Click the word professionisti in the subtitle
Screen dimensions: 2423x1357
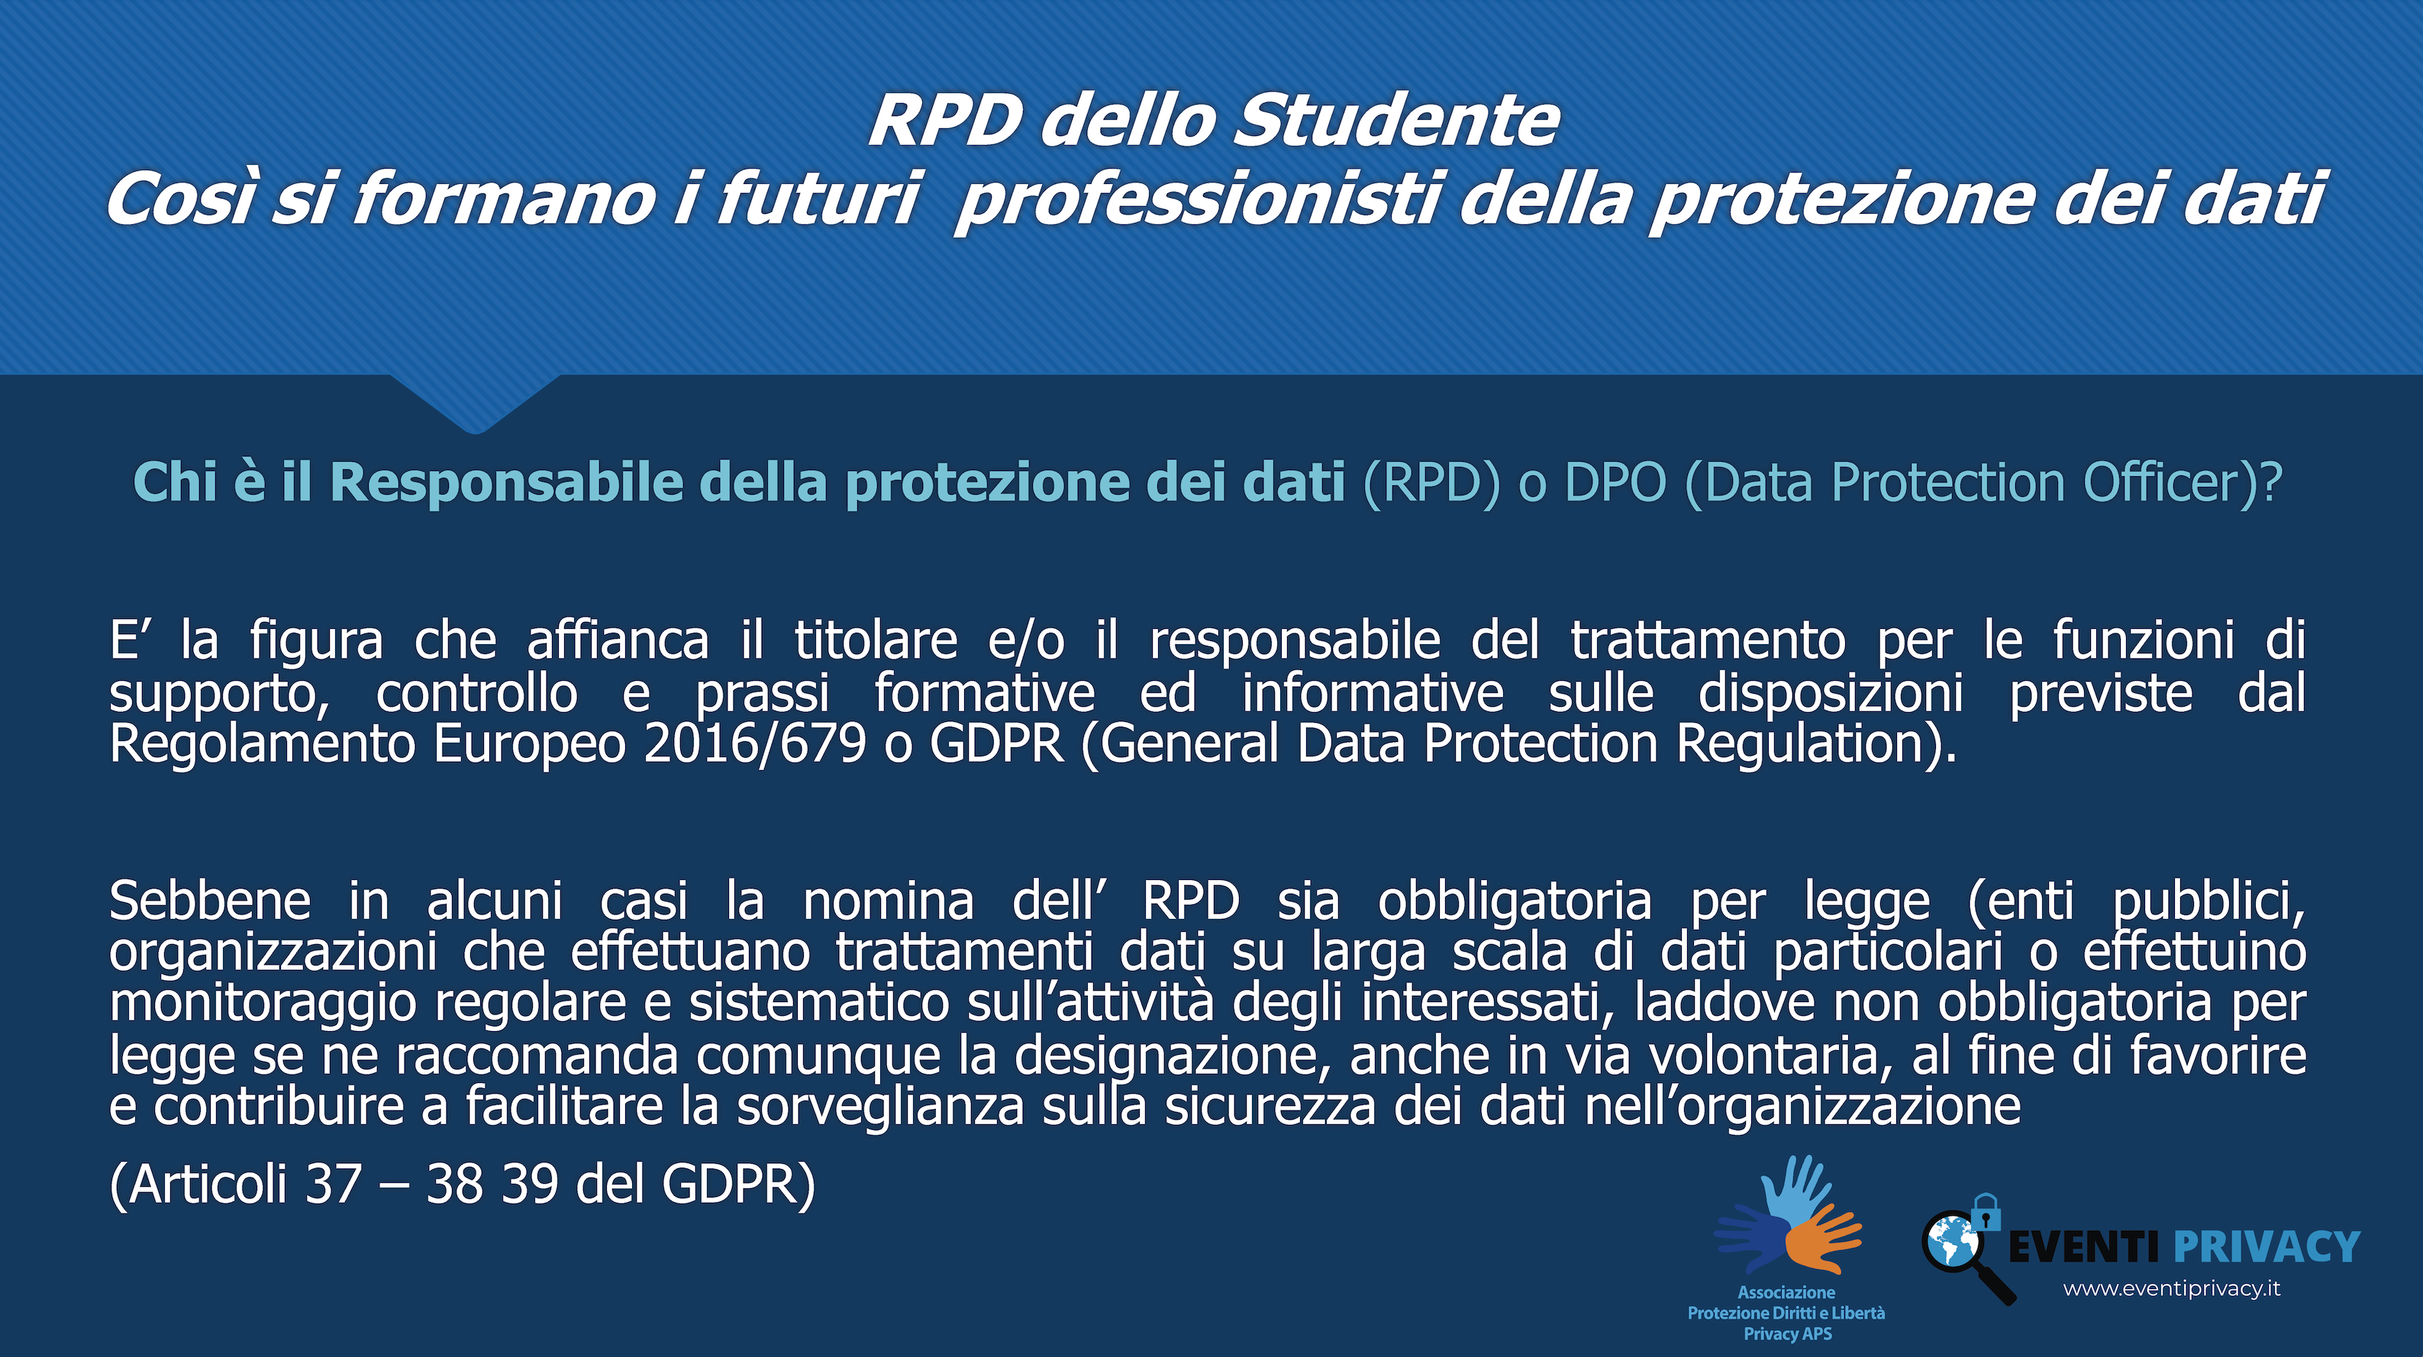[x=1196, y=200]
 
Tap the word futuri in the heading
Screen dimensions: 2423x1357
[x=817, y=198]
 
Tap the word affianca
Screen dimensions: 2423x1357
[x=618, y=641]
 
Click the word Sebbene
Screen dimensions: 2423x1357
[x=210, y=901]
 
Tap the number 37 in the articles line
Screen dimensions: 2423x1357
[x=334, y=1184]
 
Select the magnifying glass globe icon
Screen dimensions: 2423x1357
[x=1965, y=1253]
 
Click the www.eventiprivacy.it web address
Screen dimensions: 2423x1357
[x=2172, y=1289]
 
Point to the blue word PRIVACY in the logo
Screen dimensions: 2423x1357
[x=2267, y=1247]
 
